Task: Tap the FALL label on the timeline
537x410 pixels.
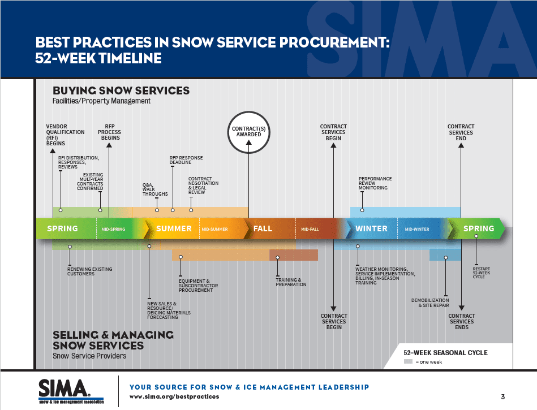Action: tap(263, 228)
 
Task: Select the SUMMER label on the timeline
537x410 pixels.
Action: tap(174, 228)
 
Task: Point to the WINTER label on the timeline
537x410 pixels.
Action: tap(371, 228)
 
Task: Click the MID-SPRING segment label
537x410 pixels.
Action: tap(113, 229)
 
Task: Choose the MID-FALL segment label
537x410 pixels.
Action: tap(310, 229)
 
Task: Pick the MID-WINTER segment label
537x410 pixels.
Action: tap(417, 229)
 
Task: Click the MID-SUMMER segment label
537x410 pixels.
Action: tap(214, 229)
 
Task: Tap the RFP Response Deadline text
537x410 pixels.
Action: tap(186, 160)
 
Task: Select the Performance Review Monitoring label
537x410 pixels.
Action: tap(375, 183)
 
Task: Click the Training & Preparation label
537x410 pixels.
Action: tap(291, 282)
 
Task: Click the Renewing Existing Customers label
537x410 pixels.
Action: tap(89, 271)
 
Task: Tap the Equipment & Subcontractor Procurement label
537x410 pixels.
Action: tap(198, 286)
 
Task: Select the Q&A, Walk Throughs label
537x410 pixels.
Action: tap(155, 189)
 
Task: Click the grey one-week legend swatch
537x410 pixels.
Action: tap(408, 361)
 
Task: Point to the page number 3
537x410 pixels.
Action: tap(502, 396)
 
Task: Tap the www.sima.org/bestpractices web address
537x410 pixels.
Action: tap(174, 397)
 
